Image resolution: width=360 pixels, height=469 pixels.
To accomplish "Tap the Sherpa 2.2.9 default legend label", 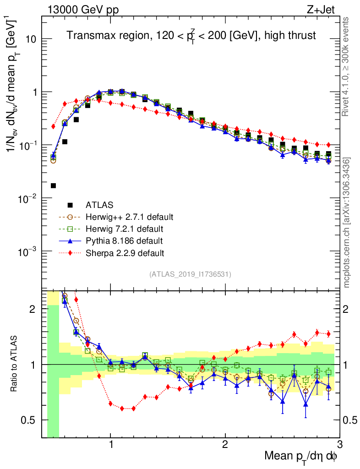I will [x=125, y=252].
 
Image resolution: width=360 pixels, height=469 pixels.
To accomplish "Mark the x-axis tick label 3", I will [x=339, y=445].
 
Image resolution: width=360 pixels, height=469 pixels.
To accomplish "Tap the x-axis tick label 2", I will [x=225, y=445].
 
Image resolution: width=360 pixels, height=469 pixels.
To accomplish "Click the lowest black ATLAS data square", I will [x=53, y=185].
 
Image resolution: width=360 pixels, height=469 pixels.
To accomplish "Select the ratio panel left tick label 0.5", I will [x=29, y=420].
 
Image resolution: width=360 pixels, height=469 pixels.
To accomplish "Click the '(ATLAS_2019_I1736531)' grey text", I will [x=190, y=274].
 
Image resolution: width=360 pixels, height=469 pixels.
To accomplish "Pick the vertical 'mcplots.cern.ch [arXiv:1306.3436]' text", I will [x=348, y=223].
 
